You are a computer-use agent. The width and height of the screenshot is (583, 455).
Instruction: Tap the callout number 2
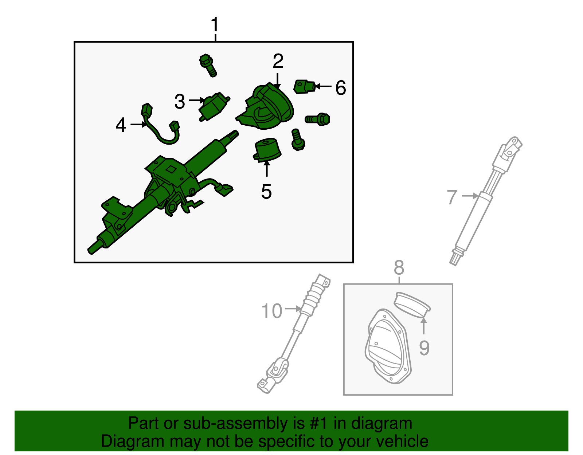click(278, 61)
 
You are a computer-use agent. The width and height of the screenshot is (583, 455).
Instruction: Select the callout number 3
click(180, 102)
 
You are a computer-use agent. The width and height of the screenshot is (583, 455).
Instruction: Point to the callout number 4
click(121, 125)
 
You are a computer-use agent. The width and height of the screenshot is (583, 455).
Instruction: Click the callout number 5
click(266, 191)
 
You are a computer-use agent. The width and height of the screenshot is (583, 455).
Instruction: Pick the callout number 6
click(340, 88)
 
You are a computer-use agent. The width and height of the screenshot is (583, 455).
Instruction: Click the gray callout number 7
click(452, 197)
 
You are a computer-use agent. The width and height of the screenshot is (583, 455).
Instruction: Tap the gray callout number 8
click(399, 268)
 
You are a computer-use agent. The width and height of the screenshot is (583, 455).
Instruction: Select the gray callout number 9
click(424, 348)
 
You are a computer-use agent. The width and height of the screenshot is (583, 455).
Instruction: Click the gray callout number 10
click(272, 311)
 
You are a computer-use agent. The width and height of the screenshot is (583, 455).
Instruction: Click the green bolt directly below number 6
click(318, 119)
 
